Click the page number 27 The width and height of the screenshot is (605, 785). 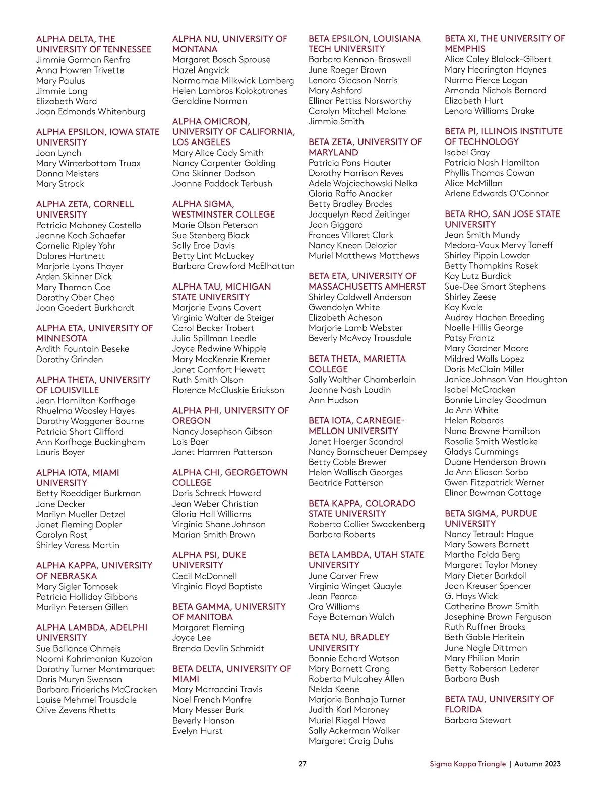(x=302, y=763)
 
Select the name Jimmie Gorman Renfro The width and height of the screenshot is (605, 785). (x=83, y=60)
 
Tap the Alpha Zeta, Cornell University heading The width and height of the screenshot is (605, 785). (x=85, y=209)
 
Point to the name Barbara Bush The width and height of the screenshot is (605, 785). (x=472, y=679)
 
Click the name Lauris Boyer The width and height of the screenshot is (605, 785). (x=60, y=452)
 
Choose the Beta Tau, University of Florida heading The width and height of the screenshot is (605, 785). (x=499, y=704)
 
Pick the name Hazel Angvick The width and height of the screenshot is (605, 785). (x=201, y=70)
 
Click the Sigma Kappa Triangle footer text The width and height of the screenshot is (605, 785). (x=467, y=764)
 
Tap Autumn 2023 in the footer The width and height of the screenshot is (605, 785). (x=537, y=764)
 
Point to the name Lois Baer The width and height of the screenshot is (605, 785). (x=191, y=442)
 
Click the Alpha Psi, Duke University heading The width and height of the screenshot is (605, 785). (x=209, y=560)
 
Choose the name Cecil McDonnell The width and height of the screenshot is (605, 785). (x=205, y=576)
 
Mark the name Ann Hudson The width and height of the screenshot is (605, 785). (x=333, y=400)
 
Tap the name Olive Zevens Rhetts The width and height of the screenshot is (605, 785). (x=76, y=710)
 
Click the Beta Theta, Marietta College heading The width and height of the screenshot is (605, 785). (x=357, y=364)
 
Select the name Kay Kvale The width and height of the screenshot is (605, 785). (x=464, y=307)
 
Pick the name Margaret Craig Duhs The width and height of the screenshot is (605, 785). (x=351, y=741)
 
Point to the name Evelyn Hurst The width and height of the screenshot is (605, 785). (x=197, y=731)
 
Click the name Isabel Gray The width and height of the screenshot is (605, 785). (x=467, y=152)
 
